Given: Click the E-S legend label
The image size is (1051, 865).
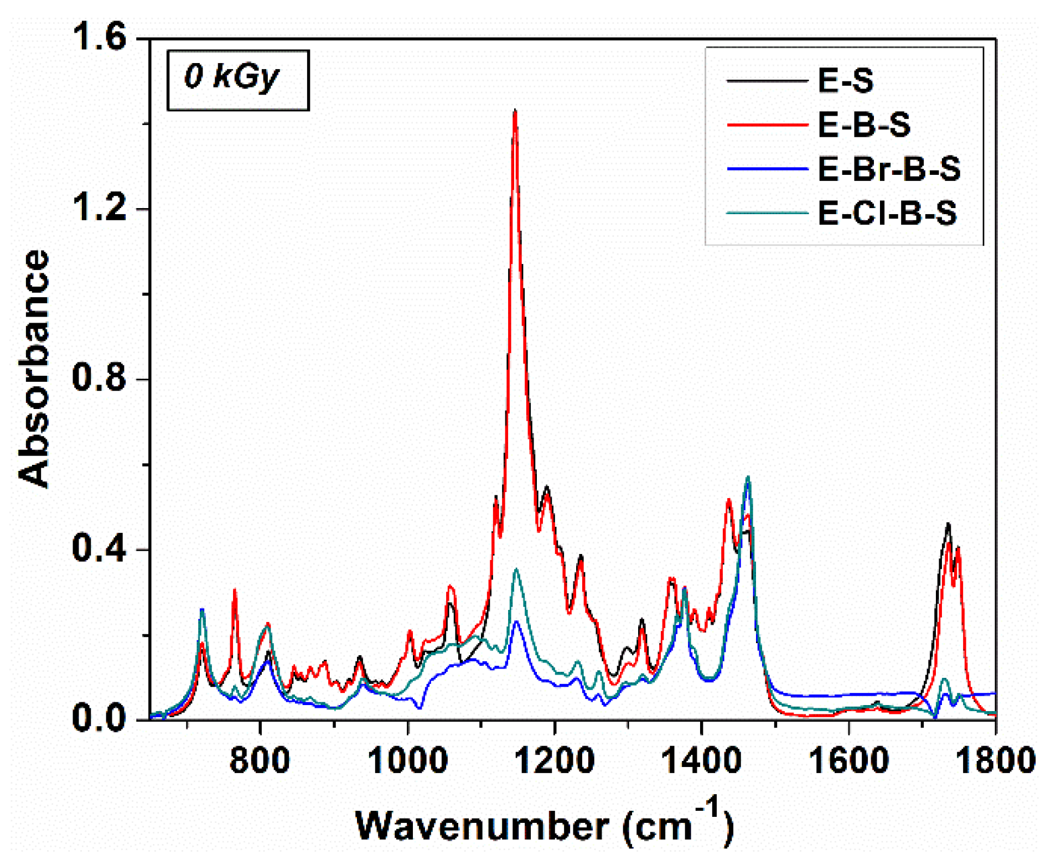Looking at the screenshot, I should pyautogui.click(x=845, y=81).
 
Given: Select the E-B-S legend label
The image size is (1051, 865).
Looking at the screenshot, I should pyautogui.click(x=863, y=125).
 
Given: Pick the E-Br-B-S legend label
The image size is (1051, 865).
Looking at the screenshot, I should pyautogui.click(x=888, y=169).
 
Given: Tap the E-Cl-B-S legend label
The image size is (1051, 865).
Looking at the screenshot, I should pyautogui.click(x=887, y=213).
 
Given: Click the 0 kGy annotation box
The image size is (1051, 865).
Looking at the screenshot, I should pyautogui.click(x=237, y=80).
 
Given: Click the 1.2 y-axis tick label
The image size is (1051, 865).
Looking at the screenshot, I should pyautogui.click(x=100, y=209).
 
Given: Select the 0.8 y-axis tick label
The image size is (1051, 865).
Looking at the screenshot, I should pyautogui.click(x=100, y=380).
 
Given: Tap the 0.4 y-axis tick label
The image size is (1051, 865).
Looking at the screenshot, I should pyautogui.click(x=100, y=550).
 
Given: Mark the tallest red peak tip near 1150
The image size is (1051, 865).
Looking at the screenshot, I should pyautogui.click(x=515, y=111).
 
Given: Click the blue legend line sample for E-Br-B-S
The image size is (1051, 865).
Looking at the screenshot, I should pyautogui.click(x=767, y=169).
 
